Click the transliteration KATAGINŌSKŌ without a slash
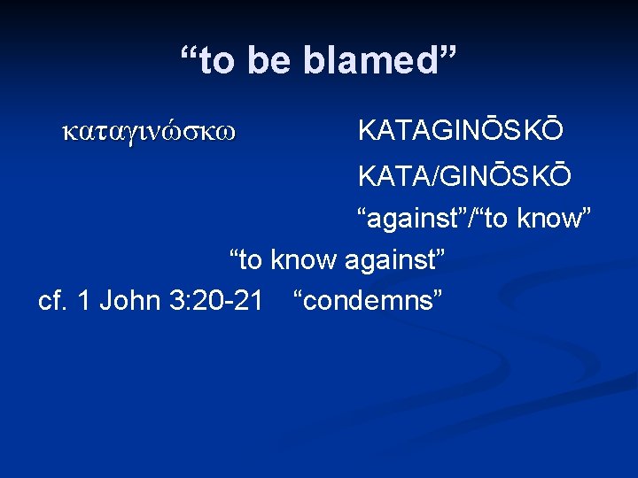tap(460, 131)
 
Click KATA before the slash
tap(393, 177)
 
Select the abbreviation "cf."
tap(53, 301)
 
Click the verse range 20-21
tap(226, 301)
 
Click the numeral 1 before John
tap(84, 301)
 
